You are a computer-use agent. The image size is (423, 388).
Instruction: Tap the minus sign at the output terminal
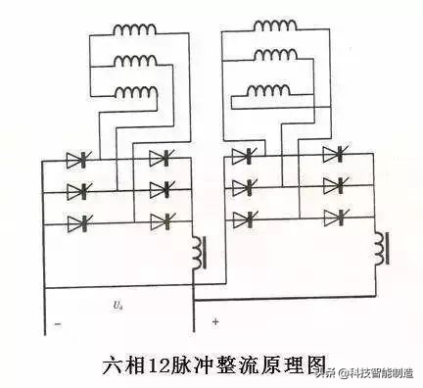click(58, 323)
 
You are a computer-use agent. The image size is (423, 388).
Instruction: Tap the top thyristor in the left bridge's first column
click(78, 159)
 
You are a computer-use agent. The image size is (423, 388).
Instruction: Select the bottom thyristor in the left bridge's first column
click(78, 223)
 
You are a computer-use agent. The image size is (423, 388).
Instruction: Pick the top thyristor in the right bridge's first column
click(242, 156)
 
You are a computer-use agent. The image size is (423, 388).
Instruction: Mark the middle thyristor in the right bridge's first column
click(242, 186)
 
